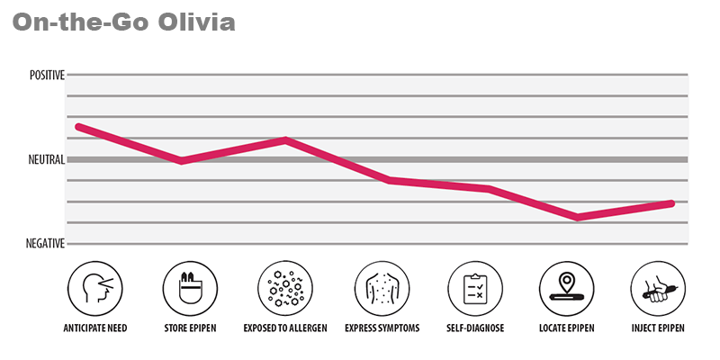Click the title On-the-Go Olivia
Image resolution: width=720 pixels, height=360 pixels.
pos(124,22)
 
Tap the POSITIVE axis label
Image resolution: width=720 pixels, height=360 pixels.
pos(47,76)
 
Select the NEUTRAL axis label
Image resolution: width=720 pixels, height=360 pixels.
pos(47,160)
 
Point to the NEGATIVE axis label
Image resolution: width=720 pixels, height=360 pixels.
pos(45,244)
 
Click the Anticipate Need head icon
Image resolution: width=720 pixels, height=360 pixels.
pos(95,289)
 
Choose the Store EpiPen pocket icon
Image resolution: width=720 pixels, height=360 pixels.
pos(190,289)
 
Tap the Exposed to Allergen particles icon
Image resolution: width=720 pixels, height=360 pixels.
pos(285,289)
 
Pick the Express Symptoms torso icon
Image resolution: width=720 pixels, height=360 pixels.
pos(382,289)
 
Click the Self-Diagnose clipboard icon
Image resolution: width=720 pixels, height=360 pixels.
pos(475,289)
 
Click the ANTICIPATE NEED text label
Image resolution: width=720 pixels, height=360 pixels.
pos(95,328)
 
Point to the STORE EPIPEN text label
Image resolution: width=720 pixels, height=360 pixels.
pos(190,328)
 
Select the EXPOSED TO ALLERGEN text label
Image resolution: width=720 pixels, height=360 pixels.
pos(285,328)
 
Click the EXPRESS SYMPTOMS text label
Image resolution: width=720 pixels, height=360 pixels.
pos(382,328)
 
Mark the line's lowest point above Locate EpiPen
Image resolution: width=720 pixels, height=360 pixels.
pos(577,217)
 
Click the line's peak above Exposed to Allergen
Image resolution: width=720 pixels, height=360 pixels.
pos(285,140)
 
